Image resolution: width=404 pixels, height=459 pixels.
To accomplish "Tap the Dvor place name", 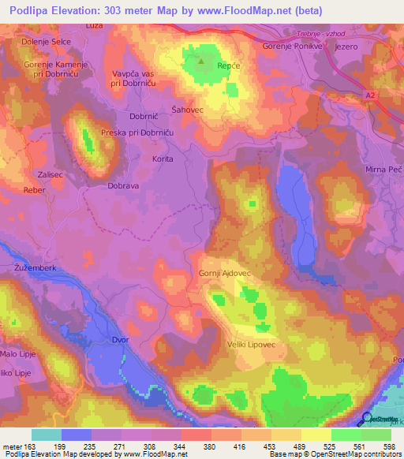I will (119, 341).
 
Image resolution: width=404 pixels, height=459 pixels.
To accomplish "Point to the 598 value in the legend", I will (389, 447).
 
